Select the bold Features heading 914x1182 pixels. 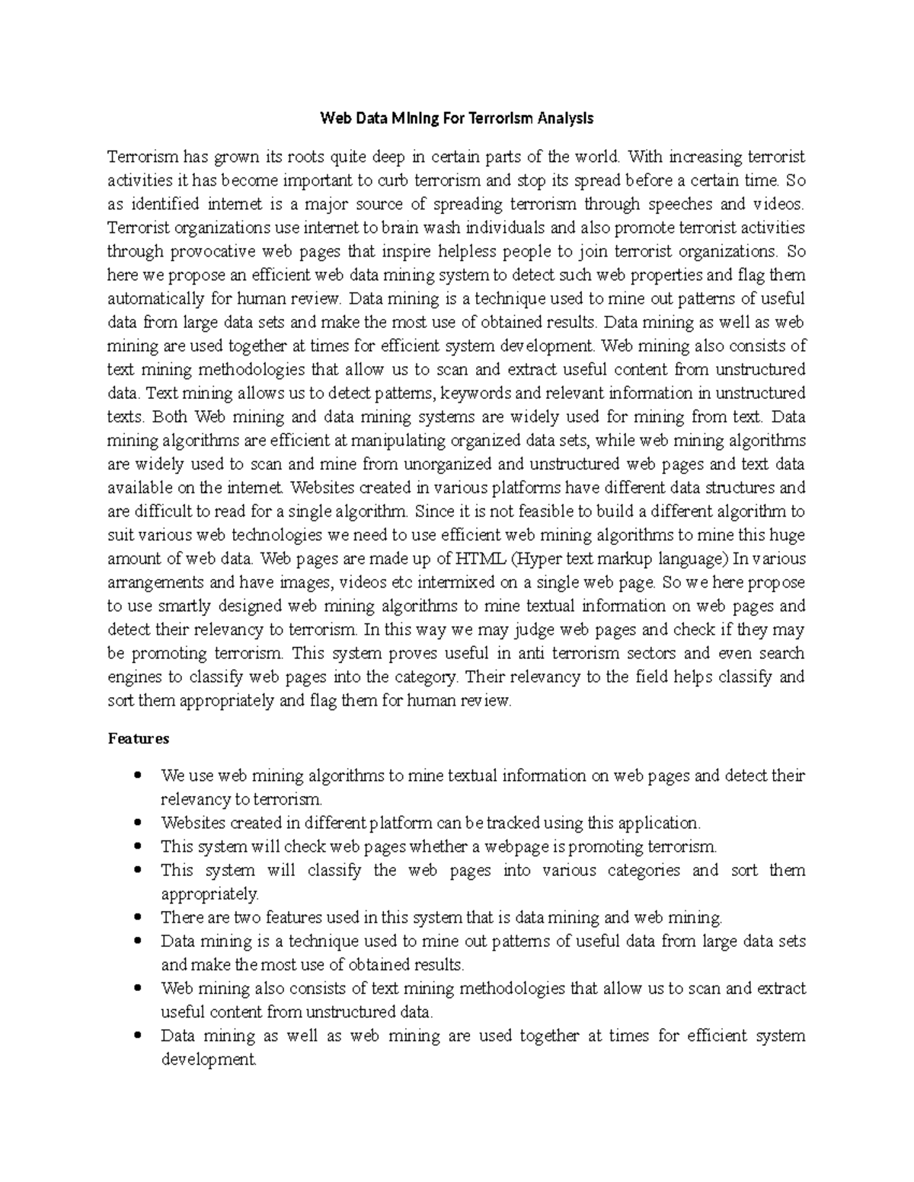coord(138,738)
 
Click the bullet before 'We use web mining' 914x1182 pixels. coord(138,776)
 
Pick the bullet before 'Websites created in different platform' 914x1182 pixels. coord(138,823)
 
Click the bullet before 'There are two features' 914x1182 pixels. coord(138,917)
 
